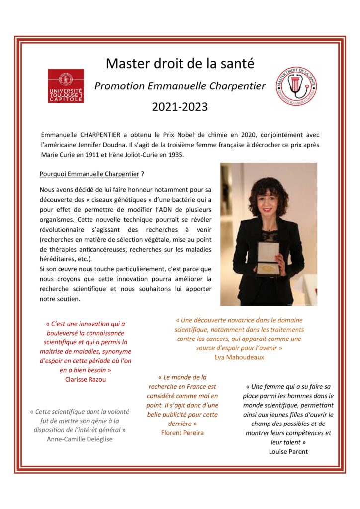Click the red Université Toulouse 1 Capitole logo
pyautogui.click(x=65, y=85)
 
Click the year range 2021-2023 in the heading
pyautogui.click(x=180, y=107)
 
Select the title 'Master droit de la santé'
pyautogui.click(x=180, y=64)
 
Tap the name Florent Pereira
pyautogui.click(x=182, y=432)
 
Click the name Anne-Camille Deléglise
pyautogui.click(x=79, y=439)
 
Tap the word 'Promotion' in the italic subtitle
pyautogui.click(x=119, y=86)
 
